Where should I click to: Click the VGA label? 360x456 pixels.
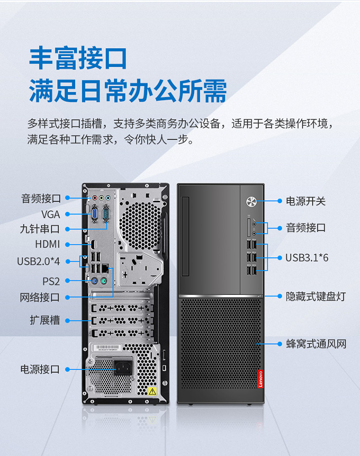click(x=50, y=215)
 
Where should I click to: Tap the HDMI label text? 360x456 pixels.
click(x=48, y=244)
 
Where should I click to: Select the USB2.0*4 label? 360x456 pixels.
click(x=38, y=262)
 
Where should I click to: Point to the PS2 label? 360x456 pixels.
click(x=51, y=281)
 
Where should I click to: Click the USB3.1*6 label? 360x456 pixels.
click(x=307, y=258)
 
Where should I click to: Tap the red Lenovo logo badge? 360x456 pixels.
click(x=260, y=379)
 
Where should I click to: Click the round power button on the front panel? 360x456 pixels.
click(x=251, y=202)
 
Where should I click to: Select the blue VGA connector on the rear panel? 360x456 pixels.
click(x=95, y=215)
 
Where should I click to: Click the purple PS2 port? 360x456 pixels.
click(x=94, y=281)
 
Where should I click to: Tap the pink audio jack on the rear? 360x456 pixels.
click(x=95, y=198)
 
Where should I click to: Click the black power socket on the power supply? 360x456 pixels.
click(x=123, y=368)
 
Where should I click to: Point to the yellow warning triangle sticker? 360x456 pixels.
click(x=152, y=391)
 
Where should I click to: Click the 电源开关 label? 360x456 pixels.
click(x=305, y=201)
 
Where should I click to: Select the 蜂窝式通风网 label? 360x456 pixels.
click(x=316, y=344)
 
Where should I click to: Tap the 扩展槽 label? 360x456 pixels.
click(x=45, y=320)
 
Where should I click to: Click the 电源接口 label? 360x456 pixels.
click(x=40, y=369)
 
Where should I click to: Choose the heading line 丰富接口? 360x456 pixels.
click(x=78, y=58)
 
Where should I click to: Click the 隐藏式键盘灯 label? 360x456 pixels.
click(x=316, y=296)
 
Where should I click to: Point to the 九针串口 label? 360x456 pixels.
click(x=40, y=229)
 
